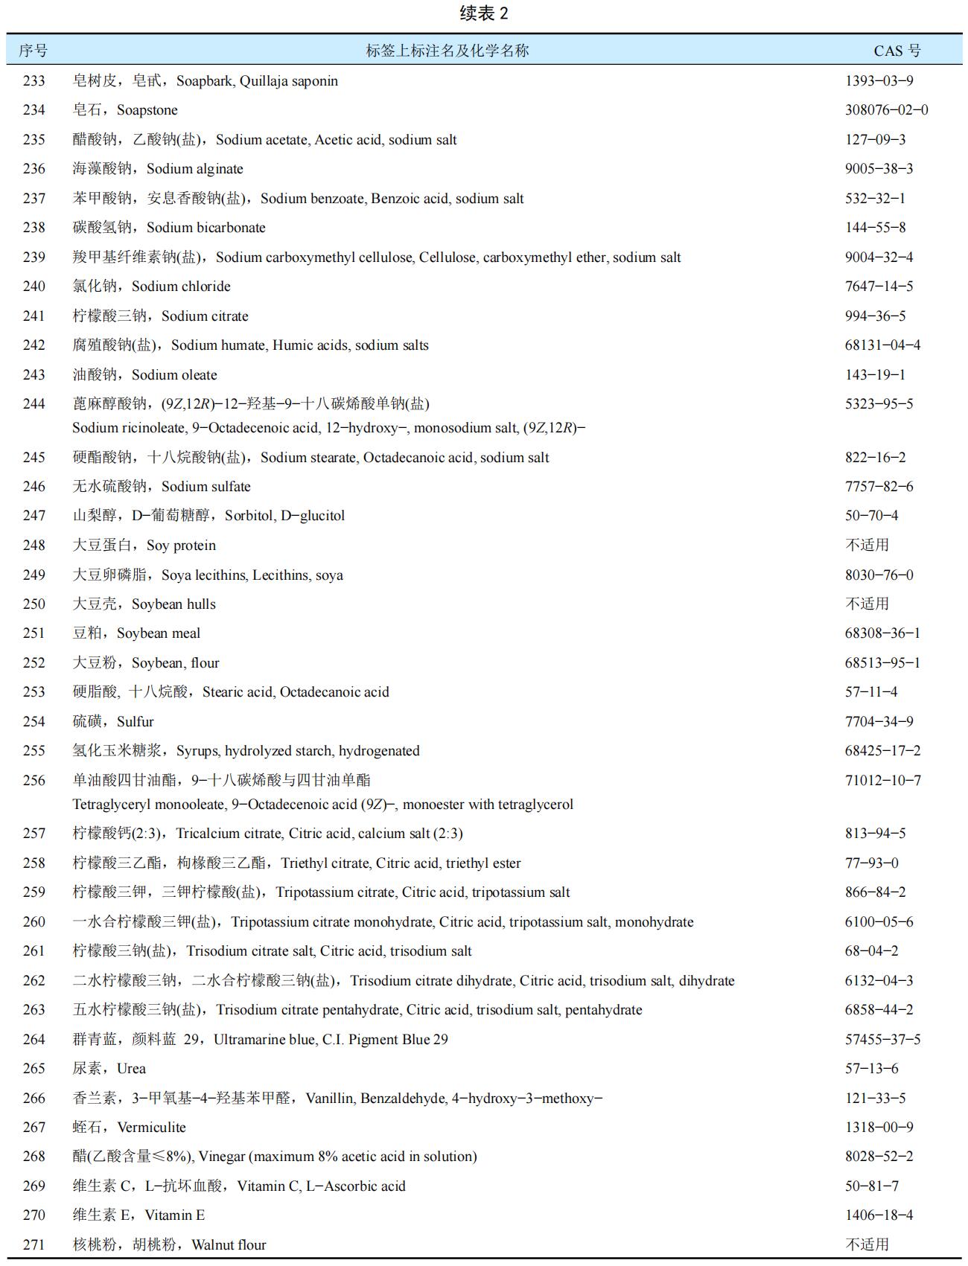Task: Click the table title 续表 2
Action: (x=484, y=13)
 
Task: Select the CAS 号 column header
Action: (x=897, y=51)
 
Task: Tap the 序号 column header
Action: (x=34, y=51)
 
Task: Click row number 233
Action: (x=34, y=80)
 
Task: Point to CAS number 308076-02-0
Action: (x=886, y=110)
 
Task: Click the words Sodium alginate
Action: (x=195, y=169)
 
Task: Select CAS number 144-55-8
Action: (x=875, y=228)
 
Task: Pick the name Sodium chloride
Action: (x=181, y=287)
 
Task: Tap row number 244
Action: (x=34, y=404)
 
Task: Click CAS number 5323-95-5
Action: (x=879, y=404)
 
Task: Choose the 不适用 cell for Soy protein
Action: (x=867, y=545)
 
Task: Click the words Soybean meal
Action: (x=159, y=633)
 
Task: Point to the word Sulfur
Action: (x=136, y=722)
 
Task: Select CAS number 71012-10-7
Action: (x=882, y=781)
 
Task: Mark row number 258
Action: (x=34, y=863)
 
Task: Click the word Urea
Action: (x=132, y=1069)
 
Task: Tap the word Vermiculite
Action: (x=152, y=1128)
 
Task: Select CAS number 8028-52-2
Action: (x=879, y=1157)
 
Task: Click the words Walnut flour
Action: (x=229, y=1244)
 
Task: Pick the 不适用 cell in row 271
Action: (x=867, y=1244)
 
